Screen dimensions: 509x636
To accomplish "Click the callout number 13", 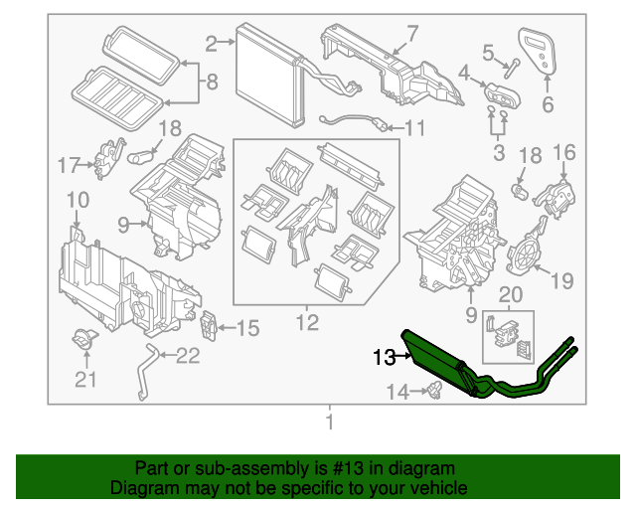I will click(x=383, y=356).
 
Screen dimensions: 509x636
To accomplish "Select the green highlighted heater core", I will click(x=437, y=358).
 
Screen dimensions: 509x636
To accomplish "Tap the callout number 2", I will click(x=211, y=43).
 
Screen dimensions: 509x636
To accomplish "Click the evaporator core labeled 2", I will click(x=268, y=76).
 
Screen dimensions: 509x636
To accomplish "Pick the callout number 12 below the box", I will click(x=307, y=323).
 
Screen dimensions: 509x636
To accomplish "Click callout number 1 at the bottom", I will click(x=331, y=424).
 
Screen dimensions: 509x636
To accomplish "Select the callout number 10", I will click(x=77, y=203).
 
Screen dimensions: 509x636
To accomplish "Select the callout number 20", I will click(x=510, y=294).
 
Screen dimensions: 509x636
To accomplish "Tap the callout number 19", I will click(x=561, y=280).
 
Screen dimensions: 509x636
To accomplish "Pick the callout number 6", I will click(x=548, y=101).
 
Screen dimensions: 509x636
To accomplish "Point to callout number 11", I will click(x=413, y=127).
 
